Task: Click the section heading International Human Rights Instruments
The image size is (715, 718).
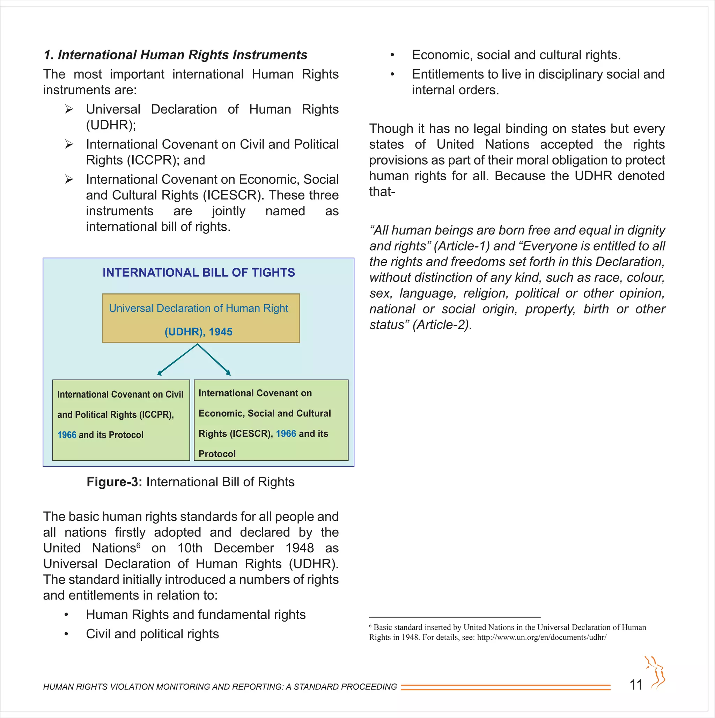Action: click(x=175, y=55)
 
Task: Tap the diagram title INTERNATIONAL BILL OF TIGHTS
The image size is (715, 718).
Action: click(x=199, y=273)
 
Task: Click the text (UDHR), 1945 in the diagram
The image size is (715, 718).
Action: click(x=198, y=332)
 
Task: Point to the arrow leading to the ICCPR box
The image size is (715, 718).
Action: click(x=177, y=360)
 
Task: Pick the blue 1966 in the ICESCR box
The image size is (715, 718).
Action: click(x=286, y=434)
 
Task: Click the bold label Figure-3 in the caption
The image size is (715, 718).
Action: click(x=114, y=482)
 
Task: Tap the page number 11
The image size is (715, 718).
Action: click(x=636, y=685)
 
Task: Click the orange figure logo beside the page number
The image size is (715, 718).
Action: click(x=656, y=673)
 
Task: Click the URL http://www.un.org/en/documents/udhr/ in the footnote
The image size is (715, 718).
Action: click(x=541, y=637)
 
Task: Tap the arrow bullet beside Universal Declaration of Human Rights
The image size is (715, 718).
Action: click(x=69, y=109)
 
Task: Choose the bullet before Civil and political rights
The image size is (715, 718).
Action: click(x=66, y=634)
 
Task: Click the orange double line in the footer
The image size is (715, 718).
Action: click(x=505, y=687)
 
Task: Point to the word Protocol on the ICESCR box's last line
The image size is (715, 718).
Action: click(x=217, y=454)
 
